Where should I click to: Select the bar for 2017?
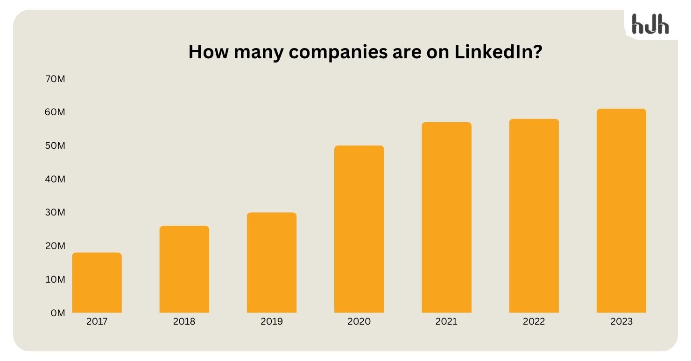(x=97, y=283)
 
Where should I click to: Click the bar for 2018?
(x=184, y=269)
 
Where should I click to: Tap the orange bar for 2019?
(x=271, y=263)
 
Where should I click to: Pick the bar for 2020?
(x=359, y=229)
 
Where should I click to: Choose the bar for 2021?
(x=446, y=217)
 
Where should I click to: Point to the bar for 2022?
(x=534, y=215)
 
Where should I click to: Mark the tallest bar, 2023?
(x=621, y=211)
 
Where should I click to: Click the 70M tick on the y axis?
(x=55, y=79)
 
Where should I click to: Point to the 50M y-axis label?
(x=55, y=146)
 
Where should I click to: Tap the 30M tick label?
(x=55, y=212)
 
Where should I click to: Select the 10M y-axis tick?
(x=55, y=279)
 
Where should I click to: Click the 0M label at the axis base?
(x=57, y=313)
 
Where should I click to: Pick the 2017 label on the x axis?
(x=97, y=321)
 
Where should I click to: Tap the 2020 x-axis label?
(x=359, y=321)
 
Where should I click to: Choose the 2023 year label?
(x=621, y=321)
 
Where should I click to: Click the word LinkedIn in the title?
(x=497, y=52)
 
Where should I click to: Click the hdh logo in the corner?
(x=650, y=24)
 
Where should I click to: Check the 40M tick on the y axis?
(x=55, y=179)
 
